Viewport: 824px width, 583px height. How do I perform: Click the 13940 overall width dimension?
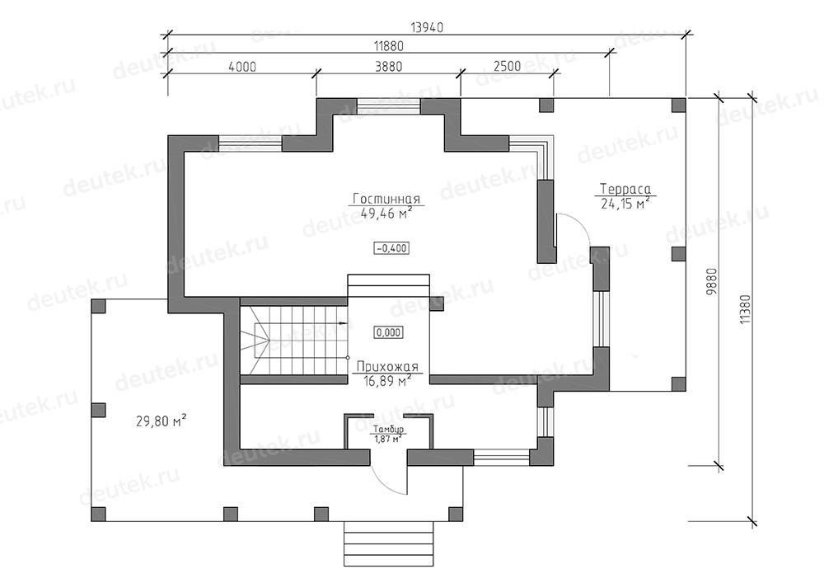[x=427, y=27]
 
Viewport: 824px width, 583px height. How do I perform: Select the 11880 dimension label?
[x=388, y=46]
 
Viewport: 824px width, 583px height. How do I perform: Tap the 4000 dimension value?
[x=242, y=67]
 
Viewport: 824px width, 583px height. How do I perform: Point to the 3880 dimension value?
[x=388, y=67]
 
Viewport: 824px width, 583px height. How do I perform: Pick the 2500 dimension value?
[x=507, y=66]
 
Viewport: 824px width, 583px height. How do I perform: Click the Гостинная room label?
[x=386, y=200]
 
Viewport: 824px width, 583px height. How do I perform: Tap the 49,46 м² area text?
[x=386, y=213]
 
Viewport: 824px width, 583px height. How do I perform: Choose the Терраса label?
[x=625, y=190]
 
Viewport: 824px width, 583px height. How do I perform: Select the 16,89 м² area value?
[x=387, y=381]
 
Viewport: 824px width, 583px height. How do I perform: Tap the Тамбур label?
[x=388, y=430]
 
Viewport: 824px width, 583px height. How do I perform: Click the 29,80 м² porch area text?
[x=162, y=421]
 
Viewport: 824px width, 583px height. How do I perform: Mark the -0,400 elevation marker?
[x=391, y=248]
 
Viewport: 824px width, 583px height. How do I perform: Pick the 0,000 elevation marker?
[x=388, y=332]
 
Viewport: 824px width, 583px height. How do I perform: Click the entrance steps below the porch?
[x=389, y=543]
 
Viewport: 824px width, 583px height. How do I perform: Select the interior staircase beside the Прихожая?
[x=294, y=340]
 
